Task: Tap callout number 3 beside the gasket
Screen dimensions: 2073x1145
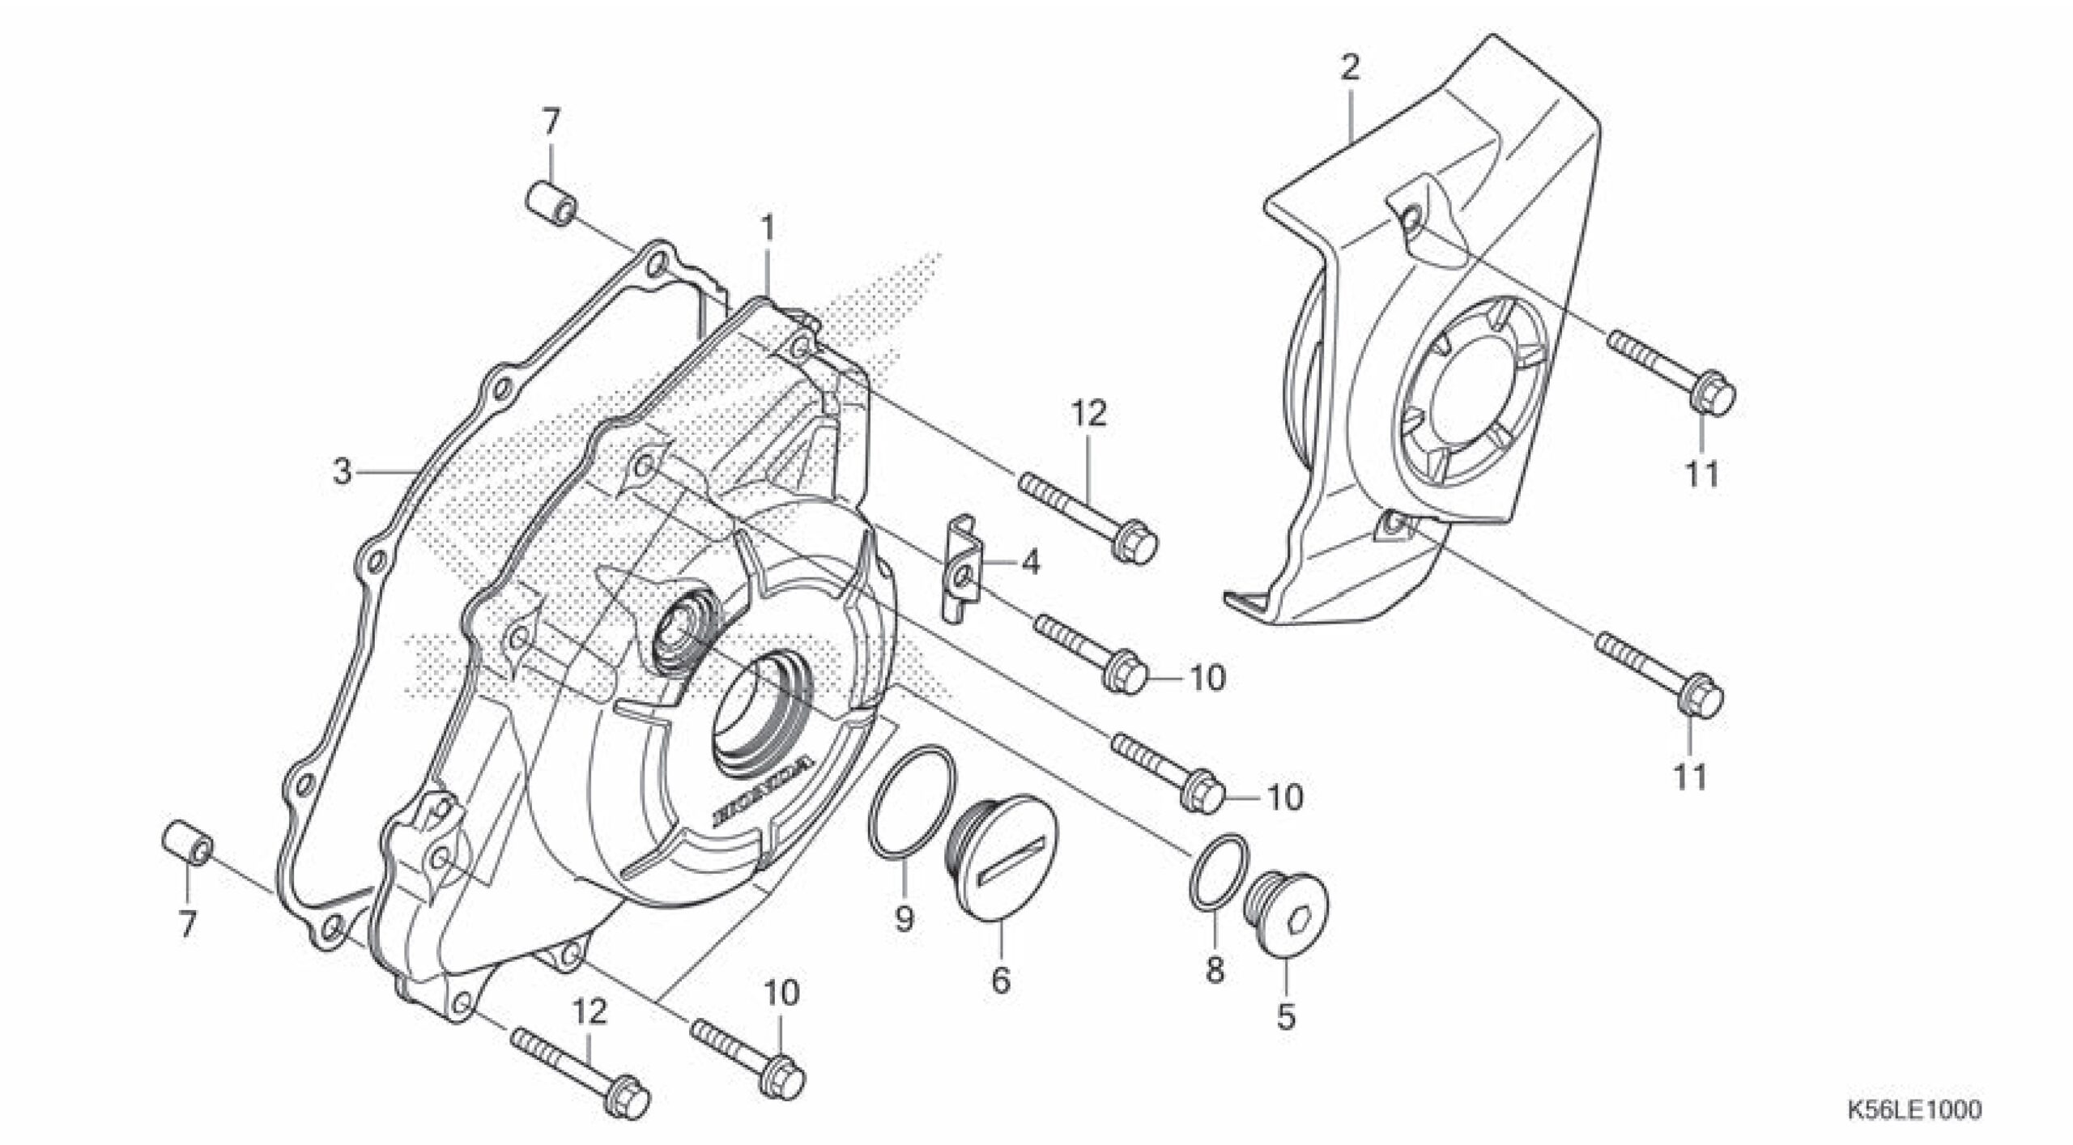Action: click(343, 471)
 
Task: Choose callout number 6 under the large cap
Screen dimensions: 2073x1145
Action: click(1001, 981)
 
